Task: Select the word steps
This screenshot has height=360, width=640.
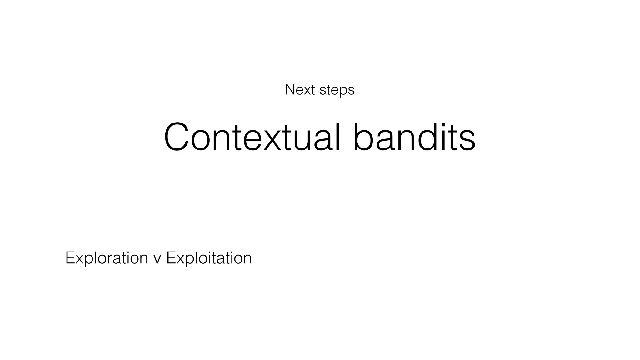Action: coord(337,90)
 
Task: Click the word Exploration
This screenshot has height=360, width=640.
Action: coord(107,258)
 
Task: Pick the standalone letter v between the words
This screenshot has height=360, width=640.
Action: coord(157,259)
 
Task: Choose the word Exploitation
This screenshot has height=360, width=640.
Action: coord(209,258)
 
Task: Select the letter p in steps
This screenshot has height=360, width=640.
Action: coord(342,92)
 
